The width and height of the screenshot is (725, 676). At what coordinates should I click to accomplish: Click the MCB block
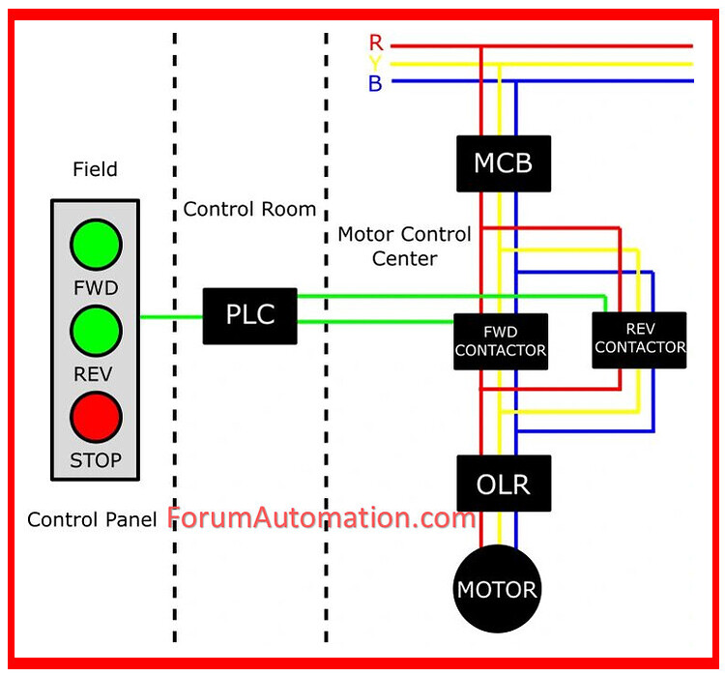(503, 163)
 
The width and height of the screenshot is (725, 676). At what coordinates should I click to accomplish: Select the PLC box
(249, 315)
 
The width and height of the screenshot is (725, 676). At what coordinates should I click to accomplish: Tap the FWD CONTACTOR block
(501, 341)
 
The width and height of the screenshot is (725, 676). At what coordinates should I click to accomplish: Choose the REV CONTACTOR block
(639, 339)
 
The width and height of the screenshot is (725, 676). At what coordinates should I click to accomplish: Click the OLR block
(503, 483)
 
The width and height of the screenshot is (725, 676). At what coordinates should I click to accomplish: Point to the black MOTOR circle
(497, 589)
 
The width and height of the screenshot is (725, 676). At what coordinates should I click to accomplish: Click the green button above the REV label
(96, 331)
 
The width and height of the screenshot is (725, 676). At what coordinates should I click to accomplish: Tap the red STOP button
(96, 417)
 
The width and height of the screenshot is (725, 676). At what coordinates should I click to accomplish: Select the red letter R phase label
(375, 44)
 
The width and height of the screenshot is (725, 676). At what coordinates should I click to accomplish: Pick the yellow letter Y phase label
(375, 64)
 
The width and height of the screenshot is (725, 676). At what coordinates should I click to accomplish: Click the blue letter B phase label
(375, 84)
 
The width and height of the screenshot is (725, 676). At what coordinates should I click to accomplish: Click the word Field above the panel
(95, 169)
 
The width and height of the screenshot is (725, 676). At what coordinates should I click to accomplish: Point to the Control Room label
(249, 209)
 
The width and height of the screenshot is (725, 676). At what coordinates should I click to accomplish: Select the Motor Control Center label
(404, 246)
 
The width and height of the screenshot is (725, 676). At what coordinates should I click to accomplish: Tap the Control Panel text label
(92, 519)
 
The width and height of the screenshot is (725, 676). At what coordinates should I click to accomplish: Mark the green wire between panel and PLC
(171, 316)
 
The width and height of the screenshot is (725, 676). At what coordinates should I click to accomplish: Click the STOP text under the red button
(96, 460)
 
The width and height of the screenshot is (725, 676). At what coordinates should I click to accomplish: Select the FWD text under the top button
(96, 288)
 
